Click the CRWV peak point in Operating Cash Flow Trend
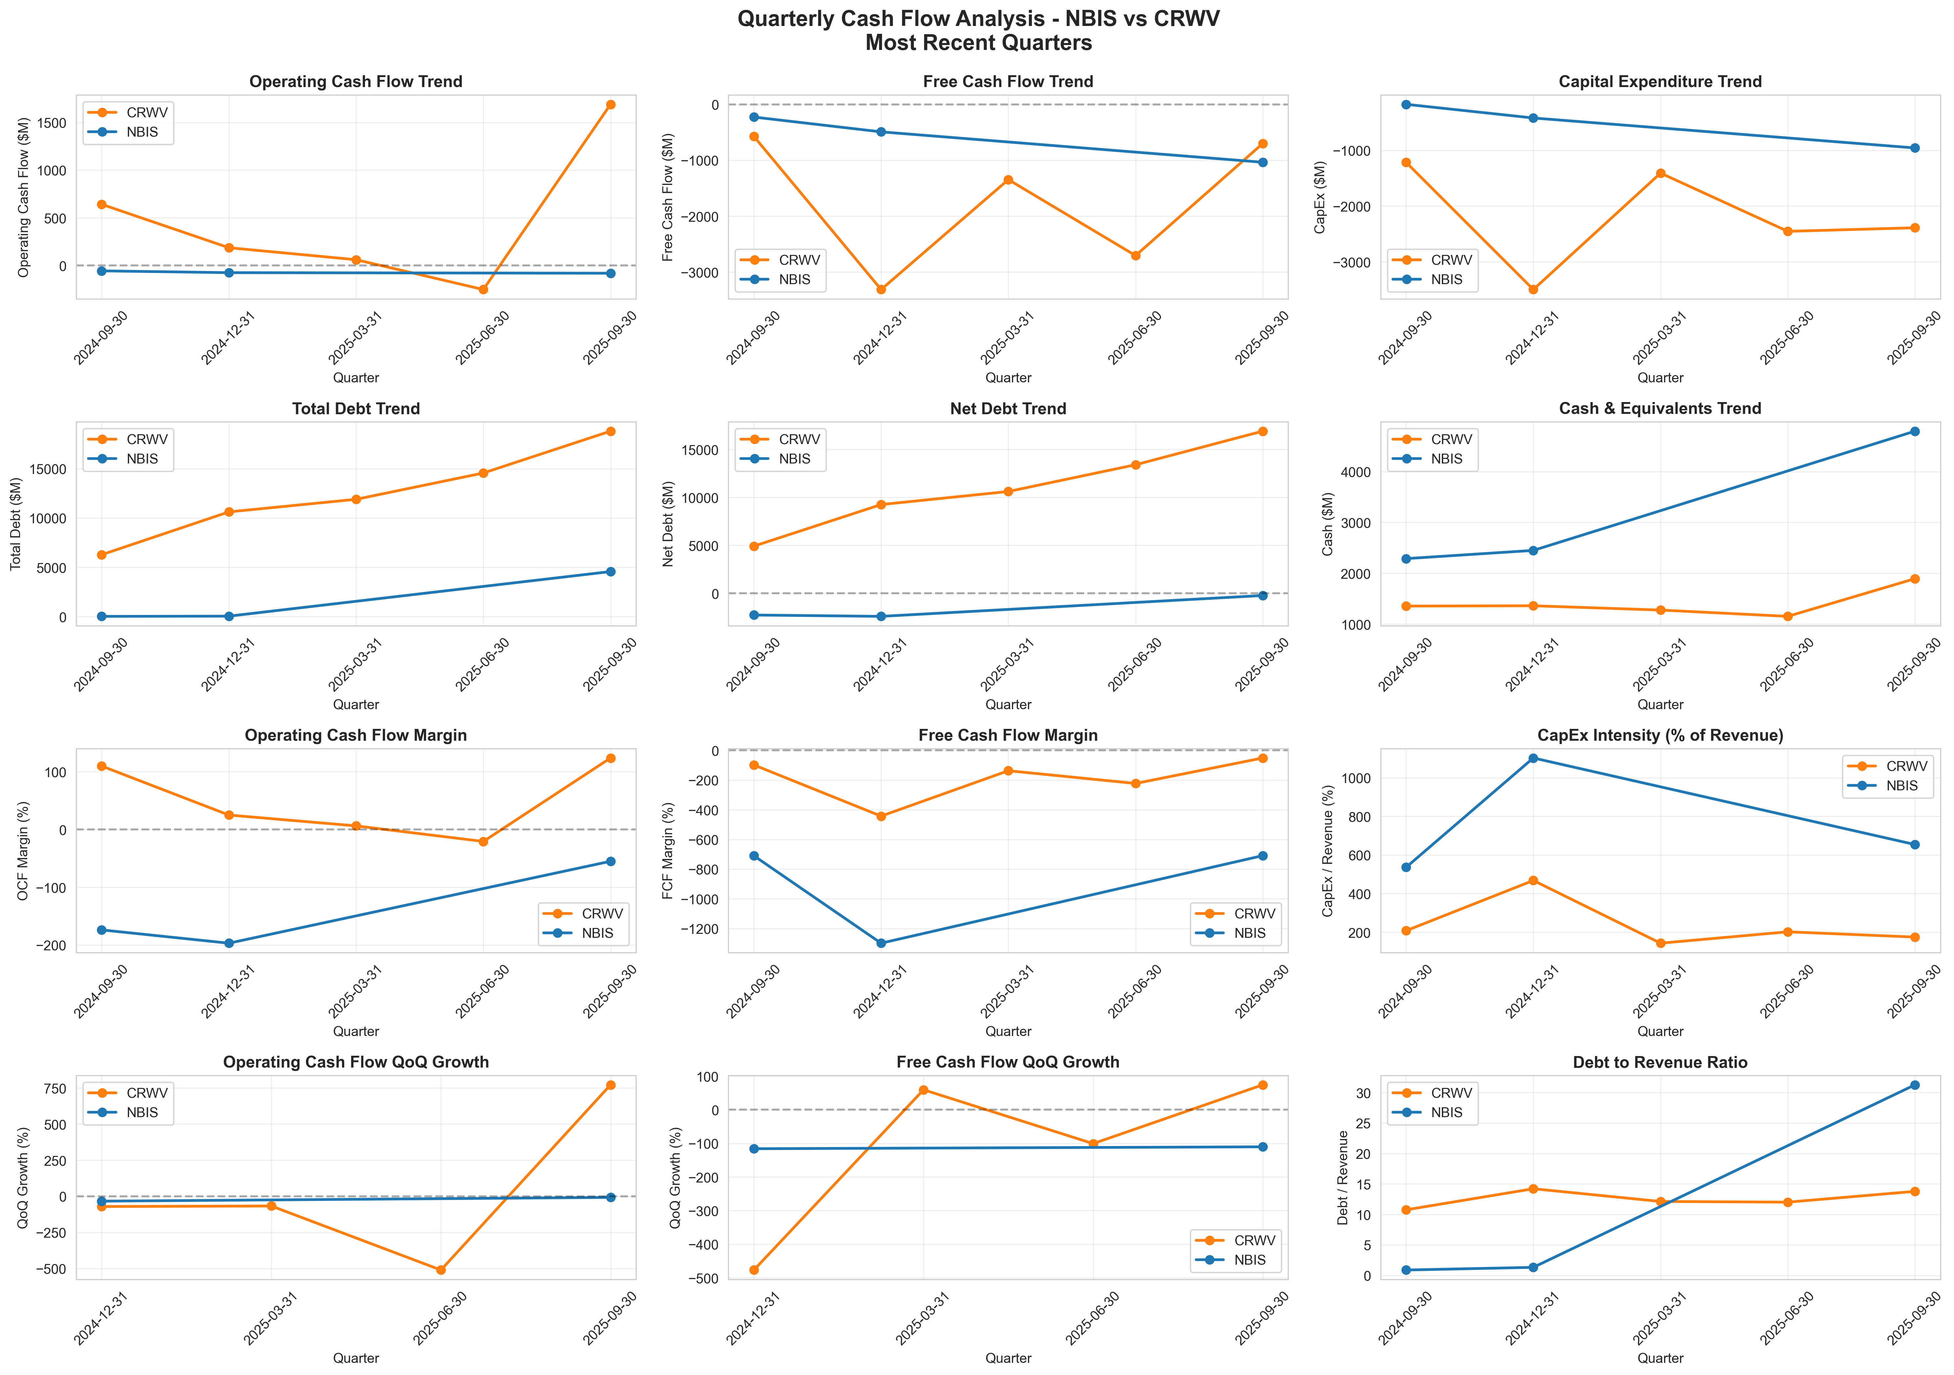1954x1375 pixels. click(x=610, y=105)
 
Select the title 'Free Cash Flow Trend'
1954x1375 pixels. click(x=1008, y=82)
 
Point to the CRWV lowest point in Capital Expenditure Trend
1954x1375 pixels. click(x=1533, y=289)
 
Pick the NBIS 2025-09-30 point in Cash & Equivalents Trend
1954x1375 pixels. click(x=1915, y=431)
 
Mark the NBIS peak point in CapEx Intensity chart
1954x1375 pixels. click(x=1533, y=758)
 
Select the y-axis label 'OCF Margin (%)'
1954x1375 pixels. click(x=24, y=851)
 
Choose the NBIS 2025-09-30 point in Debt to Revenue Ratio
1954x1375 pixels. click(x=1915, y=1085)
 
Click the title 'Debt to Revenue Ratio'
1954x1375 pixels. click(x=1660, y=1063)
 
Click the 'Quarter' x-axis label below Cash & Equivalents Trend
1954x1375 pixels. click(x=1660, y=705)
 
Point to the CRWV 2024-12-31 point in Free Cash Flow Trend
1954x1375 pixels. click(x=881, y=289)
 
